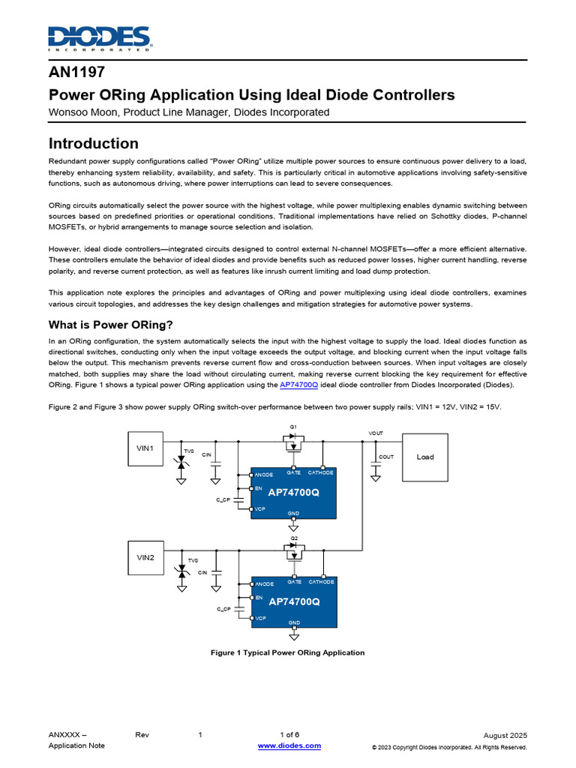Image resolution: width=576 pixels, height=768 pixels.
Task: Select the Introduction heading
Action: click(x=94, y=143)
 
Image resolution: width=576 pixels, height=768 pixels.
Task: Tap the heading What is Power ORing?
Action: click(x=111, y=325)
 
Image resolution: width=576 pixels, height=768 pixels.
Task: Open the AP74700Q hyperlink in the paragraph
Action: click(x=298, y=384)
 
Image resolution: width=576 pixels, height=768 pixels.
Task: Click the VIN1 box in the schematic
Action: click(x=145, y=448)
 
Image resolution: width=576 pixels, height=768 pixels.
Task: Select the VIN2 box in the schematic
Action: click(x=145, y=557)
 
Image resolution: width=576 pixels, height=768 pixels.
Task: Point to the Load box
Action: click(x=425, y=457)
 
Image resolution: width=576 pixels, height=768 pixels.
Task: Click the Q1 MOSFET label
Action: click(x=294, y=427)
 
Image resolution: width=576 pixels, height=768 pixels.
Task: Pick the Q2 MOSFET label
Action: click(x=294, y=538)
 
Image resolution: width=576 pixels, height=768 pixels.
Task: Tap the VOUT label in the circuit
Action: click(x=376, y=433)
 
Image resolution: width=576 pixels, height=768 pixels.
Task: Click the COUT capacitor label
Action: click(x=386, y=457)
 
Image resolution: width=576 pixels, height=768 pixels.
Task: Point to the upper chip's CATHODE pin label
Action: click(x=321, y=472)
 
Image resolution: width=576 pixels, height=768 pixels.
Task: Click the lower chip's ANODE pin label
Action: click(x=264, y=583)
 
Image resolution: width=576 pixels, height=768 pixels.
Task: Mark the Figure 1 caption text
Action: click(x=288, y=652)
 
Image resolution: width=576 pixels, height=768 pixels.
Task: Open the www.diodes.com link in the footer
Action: click(x=289, y=745)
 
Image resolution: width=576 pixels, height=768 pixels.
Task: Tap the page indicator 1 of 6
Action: click(x=289, y=734)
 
